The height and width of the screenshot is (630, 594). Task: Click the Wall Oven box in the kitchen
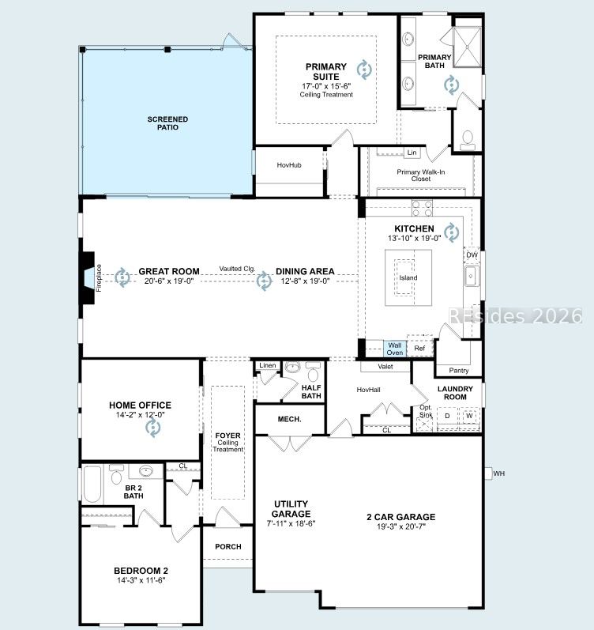click(394, 349)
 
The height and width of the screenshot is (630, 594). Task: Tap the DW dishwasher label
click(472, 255)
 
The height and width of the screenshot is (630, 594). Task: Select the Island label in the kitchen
click(408, 277)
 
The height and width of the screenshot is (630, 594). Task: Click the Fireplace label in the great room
click(99, 277)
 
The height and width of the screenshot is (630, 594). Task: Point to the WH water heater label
click(498, 473)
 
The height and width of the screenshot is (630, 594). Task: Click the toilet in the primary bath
click(467, 139)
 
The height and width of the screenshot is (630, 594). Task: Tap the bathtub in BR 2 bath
click(92, 484)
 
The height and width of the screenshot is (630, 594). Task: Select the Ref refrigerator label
click(419, 348)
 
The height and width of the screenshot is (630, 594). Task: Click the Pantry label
click(459, 371)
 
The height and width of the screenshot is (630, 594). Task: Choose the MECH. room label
click(289, 419)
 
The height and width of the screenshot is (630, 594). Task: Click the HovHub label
click(289, 164)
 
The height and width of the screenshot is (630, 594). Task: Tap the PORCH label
click(228, 546)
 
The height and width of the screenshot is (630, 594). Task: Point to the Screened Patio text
click(167, 123)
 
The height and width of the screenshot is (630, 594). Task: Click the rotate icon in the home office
click(153, 428)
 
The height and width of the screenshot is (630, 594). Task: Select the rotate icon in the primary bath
click(451, 85)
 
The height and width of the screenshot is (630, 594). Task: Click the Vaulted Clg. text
click(237, 269)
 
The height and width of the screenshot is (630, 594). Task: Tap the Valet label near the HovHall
click(385, 367)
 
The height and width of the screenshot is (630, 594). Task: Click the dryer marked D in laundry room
click(447, 416)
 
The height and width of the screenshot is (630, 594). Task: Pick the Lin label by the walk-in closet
click(412, 153)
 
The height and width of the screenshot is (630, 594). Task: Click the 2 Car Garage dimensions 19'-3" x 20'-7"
click(400, 526)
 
